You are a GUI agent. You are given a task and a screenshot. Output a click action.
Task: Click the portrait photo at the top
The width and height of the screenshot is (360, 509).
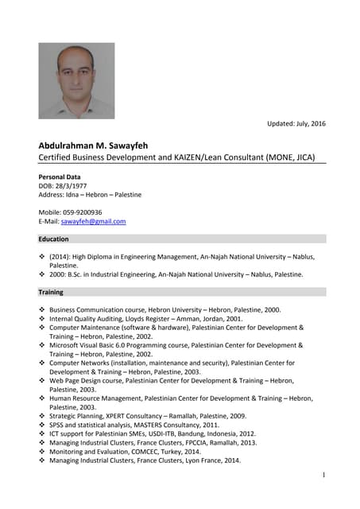click(76, 80)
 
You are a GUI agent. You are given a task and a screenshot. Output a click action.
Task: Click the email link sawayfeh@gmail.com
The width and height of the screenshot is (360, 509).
click(93, 222)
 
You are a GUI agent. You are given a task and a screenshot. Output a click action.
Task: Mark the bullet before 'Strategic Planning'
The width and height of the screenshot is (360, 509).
click(42, 416)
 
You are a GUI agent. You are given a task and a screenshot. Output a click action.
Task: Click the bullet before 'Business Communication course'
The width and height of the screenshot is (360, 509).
click(42, 309)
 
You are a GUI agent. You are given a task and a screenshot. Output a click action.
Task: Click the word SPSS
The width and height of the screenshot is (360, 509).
click(57, 425)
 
